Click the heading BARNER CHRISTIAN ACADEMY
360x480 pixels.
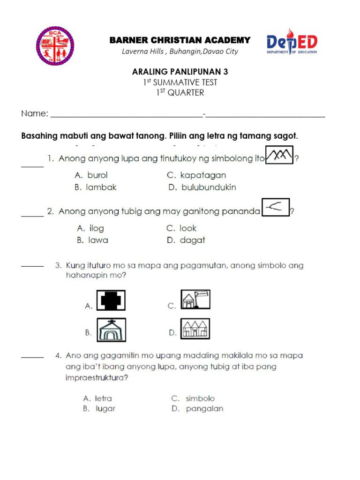[x=180, y=40]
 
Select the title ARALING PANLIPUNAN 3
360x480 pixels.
[x=180, y=72]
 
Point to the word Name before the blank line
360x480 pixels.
[x=34, y=114]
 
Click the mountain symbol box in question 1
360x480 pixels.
[x=279, y=155]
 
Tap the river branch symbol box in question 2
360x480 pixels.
[x=276, y=208]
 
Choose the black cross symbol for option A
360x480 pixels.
[x=111, y=301]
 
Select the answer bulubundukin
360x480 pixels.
[x=209, y=187]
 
